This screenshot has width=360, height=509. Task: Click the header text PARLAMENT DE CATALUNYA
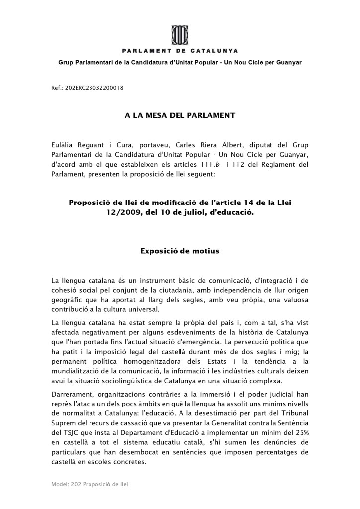(180, 51)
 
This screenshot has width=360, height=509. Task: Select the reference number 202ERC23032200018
(94, 88)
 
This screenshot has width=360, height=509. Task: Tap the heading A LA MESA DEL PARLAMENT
(180, 115)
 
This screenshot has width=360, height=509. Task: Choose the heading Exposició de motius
(180, 251)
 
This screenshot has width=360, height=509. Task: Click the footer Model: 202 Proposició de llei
(90, 484)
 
